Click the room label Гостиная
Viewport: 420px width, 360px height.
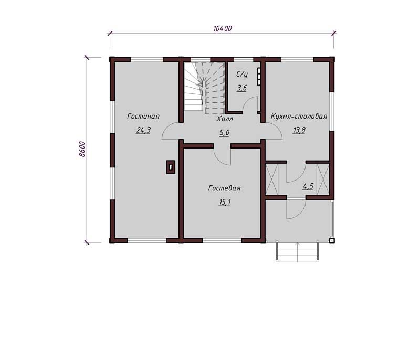tap(143, 117)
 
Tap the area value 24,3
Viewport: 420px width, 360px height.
tap(143, 130)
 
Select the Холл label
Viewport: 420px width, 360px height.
tap(225, 119)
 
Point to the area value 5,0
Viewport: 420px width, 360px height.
tap(225, 133)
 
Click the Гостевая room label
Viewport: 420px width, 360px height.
tap(225, 188)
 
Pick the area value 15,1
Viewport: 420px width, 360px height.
tap(225, 203)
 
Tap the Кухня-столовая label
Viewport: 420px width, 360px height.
tap(299, 117)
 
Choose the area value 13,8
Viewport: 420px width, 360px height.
tap(299, 130)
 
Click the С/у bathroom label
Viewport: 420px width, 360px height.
tap(242, 75)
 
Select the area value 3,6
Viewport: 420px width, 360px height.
tap(241, 88)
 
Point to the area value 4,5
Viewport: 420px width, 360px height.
tap(308, 186)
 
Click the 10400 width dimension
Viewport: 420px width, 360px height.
tap(222, 28)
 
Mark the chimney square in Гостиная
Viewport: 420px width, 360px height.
tap(171, 167)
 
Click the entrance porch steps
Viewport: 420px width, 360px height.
tap(297, 251)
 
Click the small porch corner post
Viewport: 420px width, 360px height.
tap(332, 241)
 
